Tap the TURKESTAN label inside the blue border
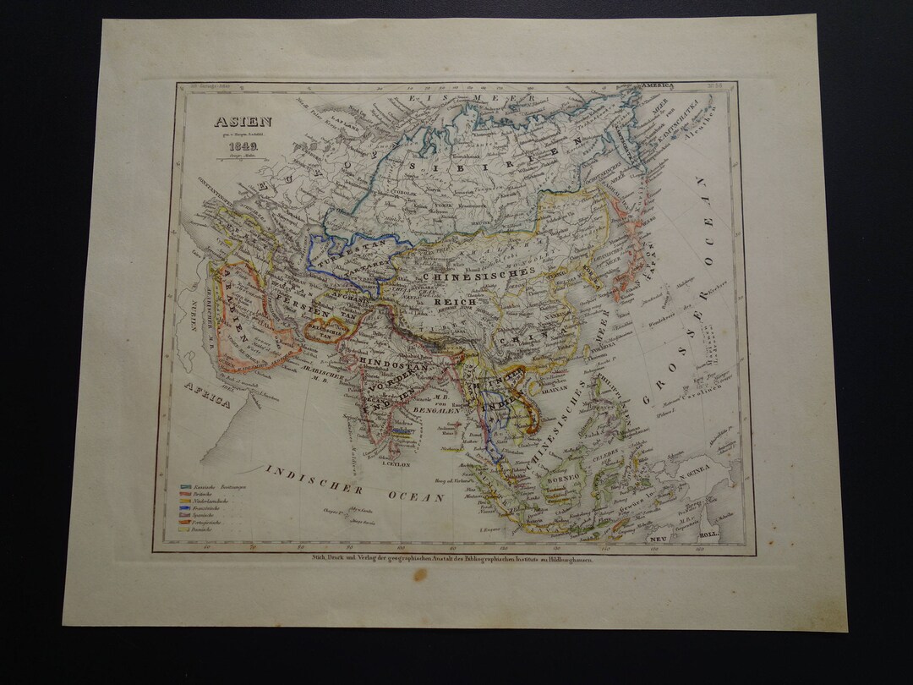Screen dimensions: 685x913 pos(350,244)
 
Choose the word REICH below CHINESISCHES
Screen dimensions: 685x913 pos(456,301)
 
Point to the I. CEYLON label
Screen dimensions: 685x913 pos(396,463)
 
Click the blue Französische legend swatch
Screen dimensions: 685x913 pos(186,508)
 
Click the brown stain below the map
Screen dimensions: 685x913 pos(420,575)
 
